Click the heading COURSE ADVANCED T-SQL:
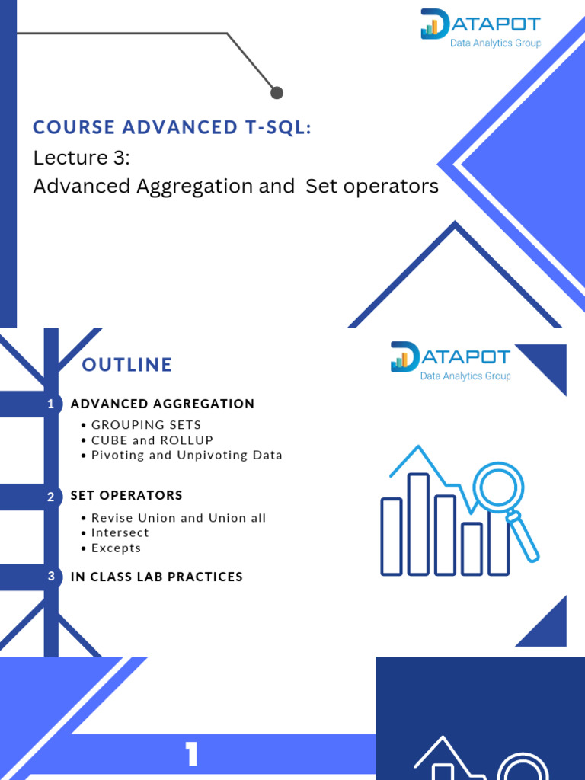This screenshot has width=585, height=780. point(172,127)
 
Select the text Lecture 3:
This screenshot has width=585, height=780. point(82,158)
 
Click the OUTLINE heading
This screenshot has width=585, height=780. point(127,365)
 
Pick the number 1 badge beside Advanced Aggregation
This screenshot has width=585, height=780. point(51,404)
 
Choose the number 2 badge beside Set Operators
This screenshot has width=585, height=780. point(51,497)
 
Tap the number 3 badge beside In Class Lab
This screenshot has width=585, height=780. point(51,577)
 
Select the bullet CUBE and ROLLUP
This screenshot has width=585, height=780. point(152,440)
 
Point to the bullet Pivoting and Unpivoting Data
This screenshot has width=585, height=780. point(187,456)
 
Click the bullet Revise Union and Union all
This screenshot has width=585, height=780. point(178,518)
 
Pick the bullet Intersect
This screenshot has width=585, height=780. point(120,533)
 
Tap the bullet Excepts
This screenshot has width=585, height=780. point(116,548)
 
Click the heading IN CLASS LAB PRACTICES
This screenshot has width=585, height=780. point(156,577)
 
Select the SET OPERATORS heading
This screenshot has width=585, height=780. point(126,495)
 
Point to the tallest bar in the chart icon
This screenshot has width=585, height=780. point(418,523)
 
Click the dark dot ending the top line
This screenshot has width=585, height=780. point(277,92)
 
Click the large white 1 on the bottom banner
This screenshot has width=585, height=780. point(191,755)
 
